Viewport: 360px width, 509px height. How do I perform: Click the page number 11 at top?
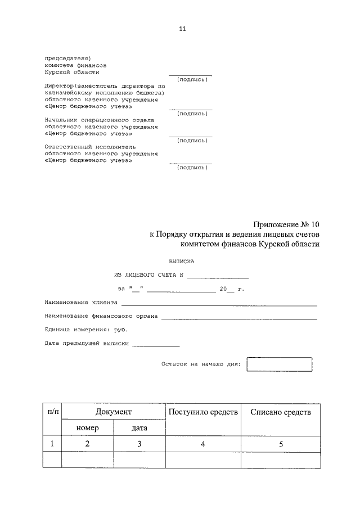tap(182, 29)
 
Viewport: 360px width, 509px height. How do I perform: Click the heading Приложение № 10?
tap(285, 225)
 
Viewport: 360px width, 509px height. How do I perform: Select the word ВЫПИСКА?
tap(181, 262)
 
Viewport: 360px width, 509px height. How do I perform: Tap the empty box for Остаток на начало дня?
tap(279, 364)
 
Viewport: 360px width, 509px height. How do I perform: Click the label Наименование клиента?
tap(81, 302)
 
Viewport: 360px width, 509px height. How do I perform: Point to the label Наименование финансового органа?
tap(101, 316)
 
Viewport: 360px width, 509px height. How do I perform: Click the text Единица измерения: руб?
tap(86, 329)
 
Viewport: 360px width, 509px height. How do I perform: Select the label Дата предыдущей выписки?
tap(87, 343)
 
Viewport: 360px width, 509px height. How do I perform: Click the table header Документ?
tap(113, 412)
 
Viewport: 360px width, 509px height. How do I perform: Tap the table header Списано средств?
tap(280, 412)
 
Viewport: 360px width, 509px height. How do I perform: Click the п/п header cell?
tap(52, 412)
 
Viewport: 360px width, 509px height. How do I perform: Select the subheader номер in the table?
tap(87, 428)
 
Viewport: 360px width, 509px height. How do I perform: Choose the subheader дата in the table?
tap(139, 428)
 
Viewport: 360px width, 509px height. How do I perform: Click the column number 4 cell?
tap(203, 444)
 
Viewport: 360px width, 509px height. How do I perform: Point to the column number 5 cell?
tap(280, 444)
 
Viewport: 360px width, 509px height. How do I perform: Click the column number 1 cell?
tap(52, 444)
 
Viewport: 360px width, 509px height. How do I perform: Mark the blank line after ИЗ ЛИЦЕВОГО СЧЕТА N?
tap(218, 275)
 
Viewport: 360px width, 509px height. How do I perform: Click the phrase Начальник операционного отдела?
tap(99, 120)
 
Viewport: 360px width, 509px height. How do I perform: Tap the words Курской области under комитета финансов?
tap(72, 72)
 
